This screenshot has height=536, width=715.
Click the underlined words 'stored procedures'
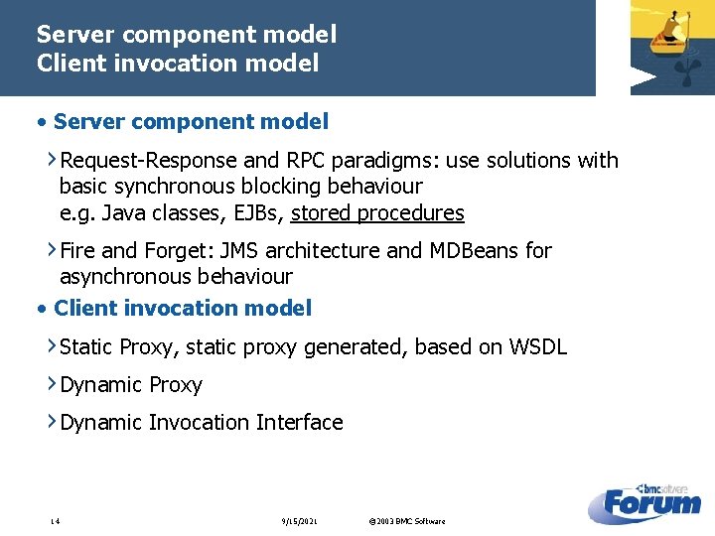click(x=377, y=213)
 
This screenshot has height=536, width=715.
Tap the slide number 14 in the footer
click(x=56, y=521)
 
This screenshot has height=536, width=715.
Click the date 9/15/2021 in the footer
click(x=299, y=521)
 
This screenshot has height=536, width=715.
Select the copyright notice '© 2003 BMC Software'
click(x=406, y=521)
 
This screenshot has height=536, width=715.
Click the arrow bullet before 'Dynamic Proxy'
click(x=52, y=384)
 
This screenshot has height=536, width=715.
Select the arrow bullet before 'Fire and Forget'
click(x=52, y=250)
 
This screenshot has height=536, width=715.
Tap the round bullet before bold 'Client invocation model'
click(x=42, y=309)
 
